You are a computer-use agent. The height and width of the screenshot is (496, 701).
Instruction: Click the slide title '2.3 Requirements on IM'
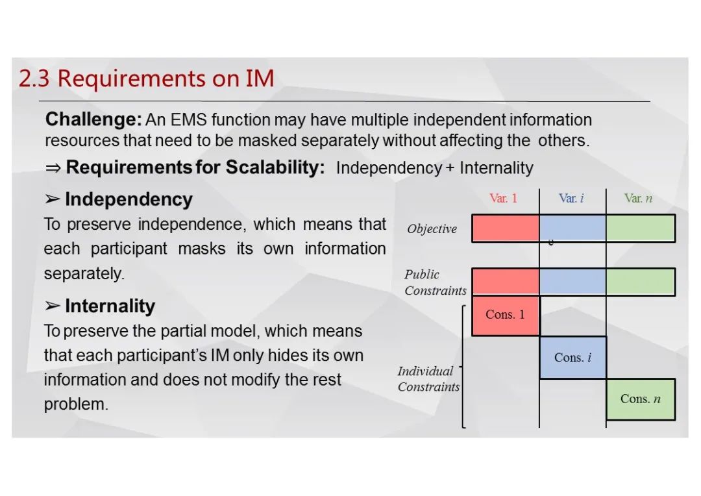pyautogui.click(x=146, y=79)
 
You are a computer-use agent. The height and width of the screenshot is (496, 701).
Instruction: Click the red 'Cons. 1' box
pyautogui.click(x=506, y=316)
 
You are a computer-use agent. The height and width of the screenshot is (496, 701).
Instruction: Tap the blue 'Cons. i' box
pyautogui.click(x=572, y=357)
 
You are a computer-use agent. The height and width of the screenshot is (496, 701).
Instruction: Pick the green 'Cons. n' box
pyautogui.click(x=641, y=399)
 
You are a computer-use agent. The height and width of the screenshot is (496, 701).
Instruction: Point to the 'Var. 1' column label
pyautogui.click(x=504, y=198)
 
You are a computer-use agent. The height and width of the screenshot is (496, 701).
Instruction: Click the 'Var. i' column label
pyautogui.click(x=571, y=198)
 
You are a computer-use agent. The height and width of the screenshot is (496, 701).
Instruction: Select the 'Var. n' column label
pyautogui.click(x=639, y=198)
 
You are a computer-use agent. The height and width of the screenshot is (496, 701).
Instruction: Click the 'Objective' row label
pyautogui.click(x=432, y=229)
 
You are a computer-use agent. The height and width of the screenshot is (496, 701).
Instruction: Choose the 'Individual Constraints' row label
pyautogui.click(x=429, y=378)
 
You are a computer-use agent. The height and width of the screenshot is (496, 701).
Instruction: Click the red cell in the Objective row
pyautogui.click(x=506, y=228)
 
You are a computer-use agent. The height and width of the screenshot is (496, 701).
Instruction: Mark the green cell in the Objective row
pyautogui.click(x=641, y=228)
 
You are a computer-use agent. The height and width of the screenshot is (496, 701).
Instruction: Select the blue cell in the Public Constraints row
pyautogui.click(x=572, y=282)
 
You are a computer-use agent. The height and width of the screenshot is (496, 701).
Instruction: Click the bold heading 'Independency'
pyautogui.click(x=129, y=199)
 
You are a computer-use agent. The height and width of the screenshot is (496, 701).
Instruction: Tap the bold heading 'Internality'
pyautogui.click(x=110, y=306)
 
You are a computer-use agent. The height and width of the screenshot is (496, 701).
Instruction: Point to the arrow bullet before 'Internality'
pyautogui.click(x=53, y=306)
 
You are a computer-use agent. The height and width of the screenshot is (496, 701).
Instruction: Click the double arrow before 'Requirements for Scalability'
pyautogui.click(x=53, y=168)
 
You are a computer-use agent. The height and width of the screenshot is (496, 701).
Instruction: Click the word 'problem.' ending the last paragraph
pyautogui.click(x=76, y=404)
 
